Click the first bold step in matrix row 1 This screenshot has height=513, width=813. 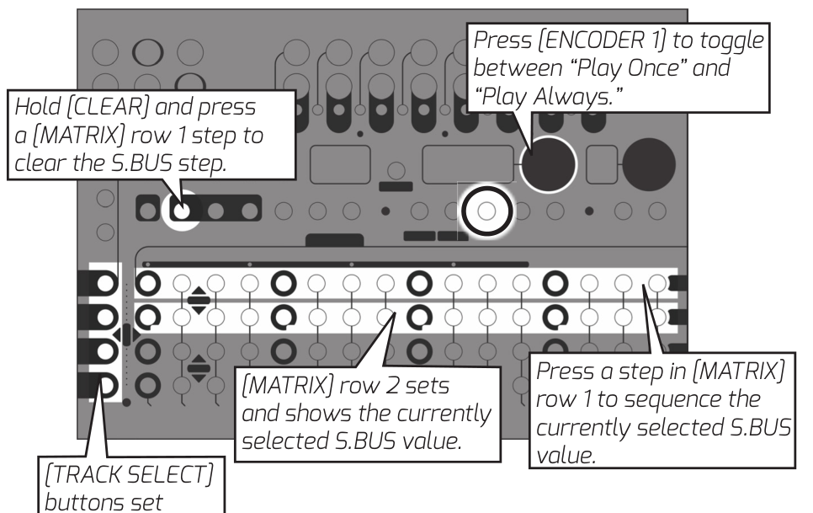coord(147,282)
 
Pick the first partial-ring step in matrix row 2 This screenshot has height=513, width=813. coord(147,317)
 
